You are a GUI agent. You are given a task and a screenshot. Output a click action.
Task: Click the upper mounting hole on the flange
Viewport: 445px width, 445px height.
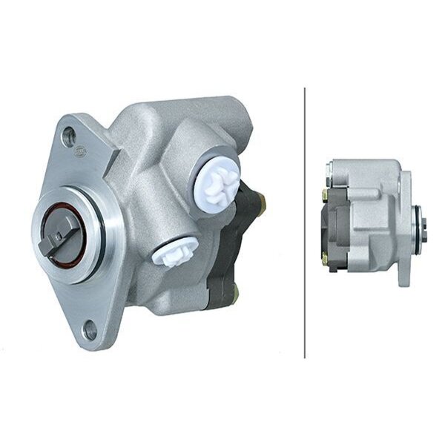click(x=69, y=135)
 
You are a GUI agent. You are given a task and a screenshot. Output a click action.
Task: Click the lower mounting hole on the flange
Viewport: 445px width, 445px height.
click(x=91, y=323)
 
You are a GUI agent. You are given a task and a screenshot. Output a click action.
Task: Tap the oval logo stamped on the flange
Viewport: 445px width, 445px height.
click(x=99, y=153)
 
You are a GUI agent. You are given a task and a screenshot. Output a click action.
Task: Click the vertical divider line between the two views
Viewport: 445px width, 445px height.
click(x=305, y=222)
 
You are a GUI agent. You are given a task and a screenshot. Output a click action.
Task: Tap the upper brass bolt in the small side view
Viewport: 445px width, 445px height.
click(x=325, y=195)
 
